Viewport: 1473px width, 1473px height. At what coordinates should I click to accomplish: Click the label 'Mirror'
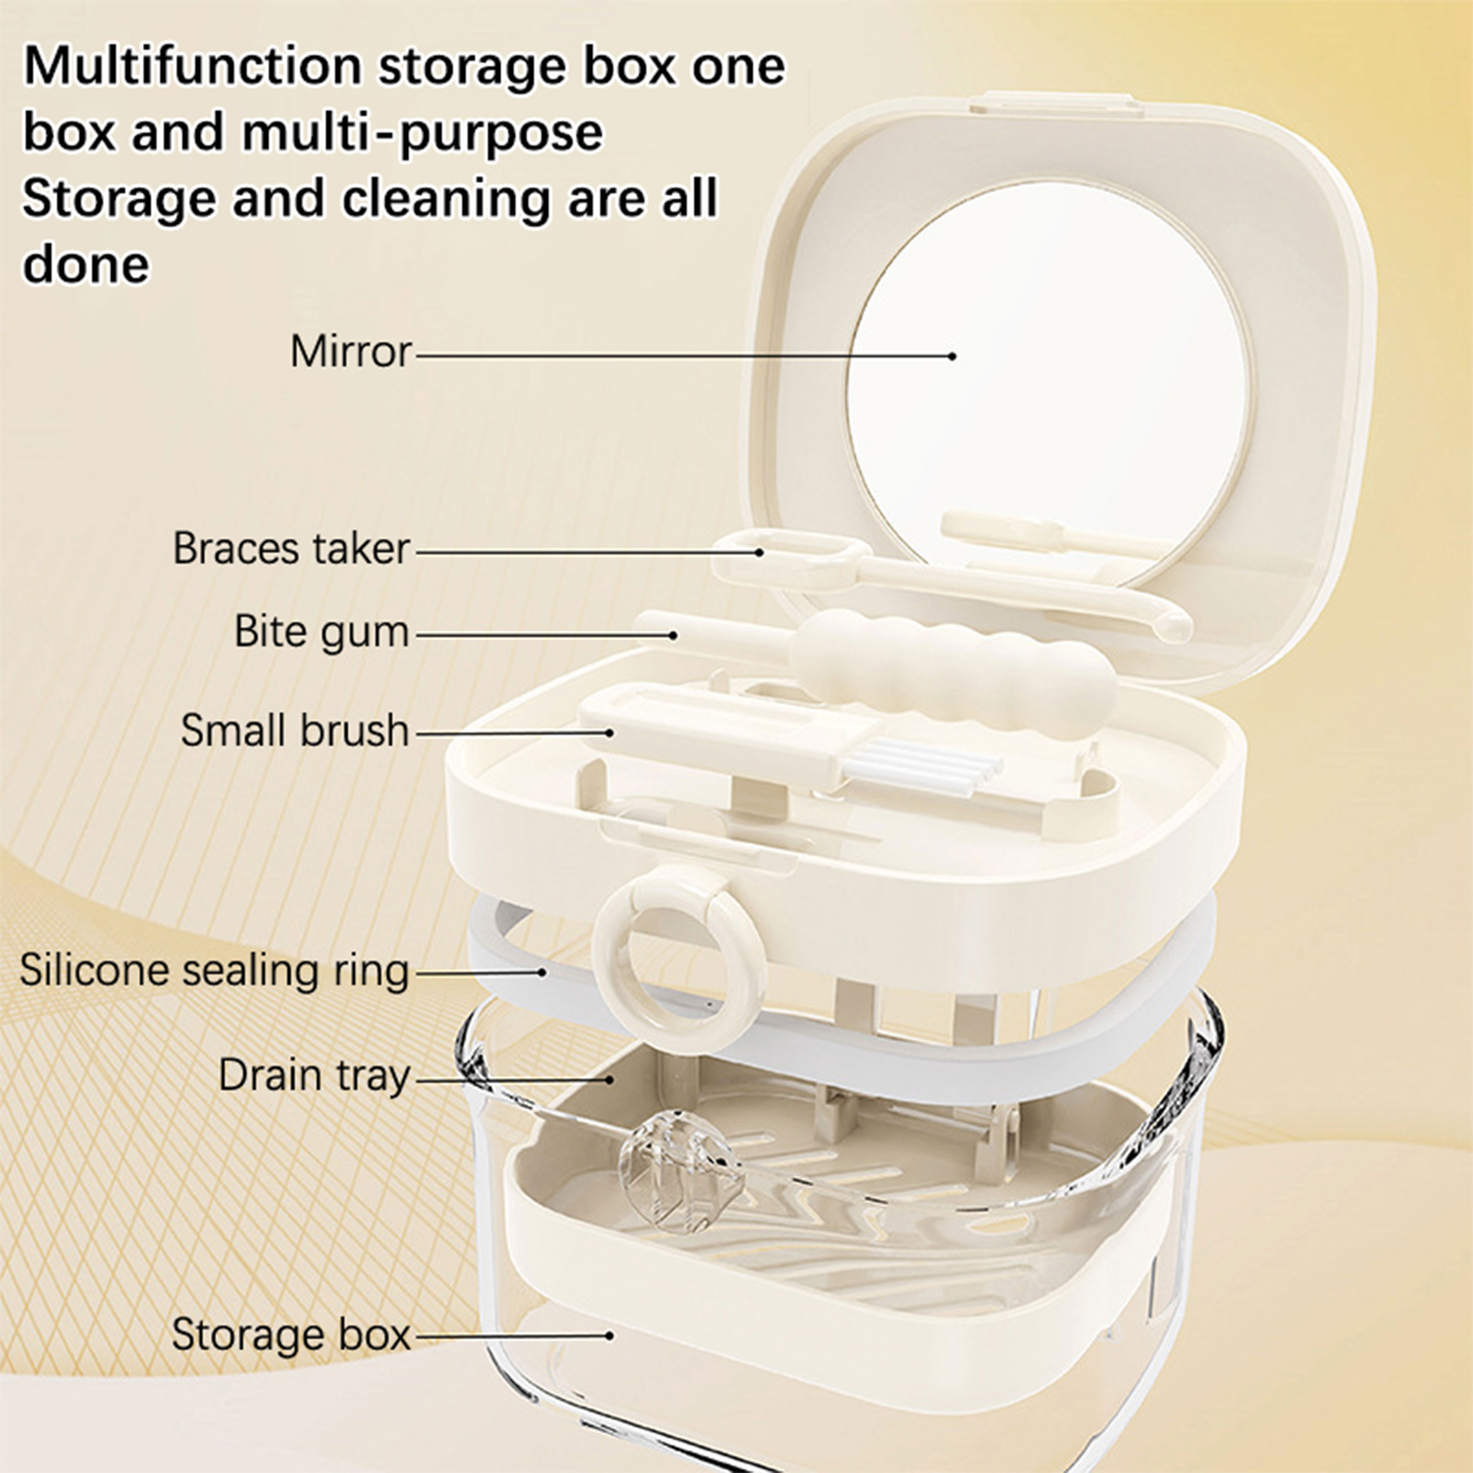pyautogui.click(x=351, y=352)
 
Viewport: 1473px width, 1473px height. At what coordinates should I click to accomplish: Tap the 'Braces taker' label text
pyautogui.click(x=291, y=549)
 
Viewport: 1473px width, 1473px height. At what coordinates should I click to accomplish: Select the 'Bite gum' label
pyautogui.click(x=321, y=633)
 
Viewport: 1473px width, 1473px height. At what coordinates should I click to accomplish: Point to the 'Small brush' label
pyautogui.click(x=295, y=730)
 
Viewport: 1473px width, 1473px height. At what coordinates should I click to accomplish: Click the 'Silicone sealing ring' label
pyautogui.click(x=215, y=970)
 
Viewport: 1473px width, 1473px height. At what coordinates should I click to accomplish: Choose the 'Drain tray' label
pyautogui.click(x=314, y=1076)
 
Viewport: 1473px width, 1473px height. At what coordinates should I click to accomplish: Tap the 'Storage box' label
pyautogui.click(x=291, y=1334)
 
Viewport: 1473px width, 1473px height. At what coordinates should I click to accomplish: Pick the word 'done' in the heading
pyautogui.click(x=86, y=264)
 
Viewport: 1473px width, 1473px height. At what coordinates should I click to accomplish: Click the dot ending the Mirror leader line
pyautogui.click(x=954, y=355)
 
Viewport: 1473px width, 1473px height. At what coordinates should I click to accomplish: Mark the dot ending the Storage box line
pyautogui.click(x=609, y=1335)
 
